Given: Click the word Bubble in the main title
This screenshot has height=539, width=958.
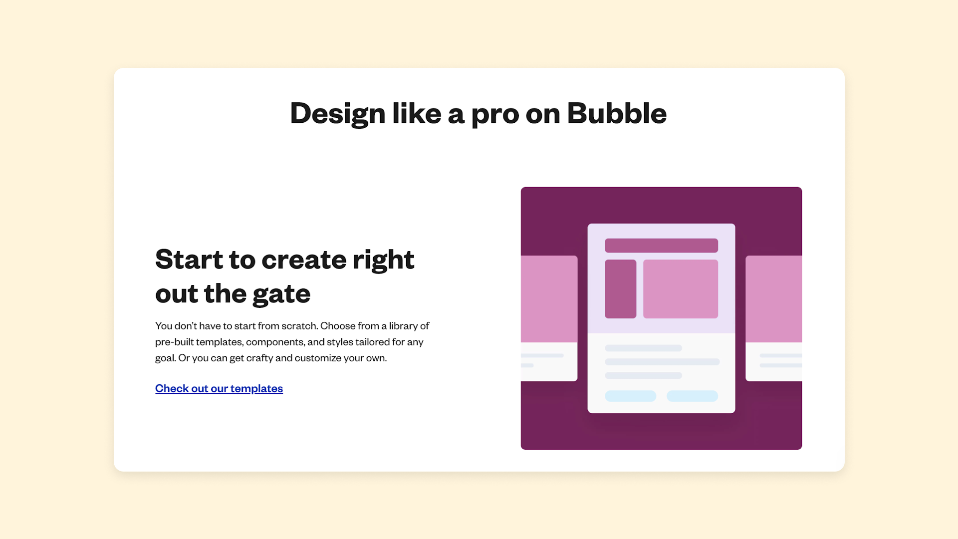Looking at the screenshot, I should [x=616, y=113].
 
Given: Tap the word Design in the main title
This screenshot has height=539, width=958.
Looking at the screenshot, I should [x=337, y=113].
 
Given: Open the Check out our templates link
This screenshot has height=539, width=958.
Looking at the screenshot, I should [x=219, y=388].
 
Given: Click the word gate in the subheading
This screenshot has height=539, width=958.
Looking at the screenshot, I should [x=281, y=294].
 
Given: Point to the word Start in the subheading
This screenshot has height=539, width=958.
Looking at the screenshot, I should [x=189, y=260].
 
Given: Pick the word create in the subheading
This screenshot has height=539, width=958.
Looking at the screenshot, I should [x=304, y=260].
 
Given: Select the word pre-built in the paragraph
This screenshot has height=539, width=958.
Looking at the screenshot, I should [x=174, y=342].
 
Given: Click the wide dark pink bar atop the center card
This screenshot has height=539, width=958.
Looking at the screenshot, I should [x=661, y=246].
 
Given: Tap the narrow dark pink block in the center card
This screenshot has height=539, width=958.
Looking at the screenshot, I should [x=620, y=289].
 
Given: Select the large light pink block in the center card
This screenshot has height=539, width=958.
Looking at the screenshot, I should [x=680, y=289].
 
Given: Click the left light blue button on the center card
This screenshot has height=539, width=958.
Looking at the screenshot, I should [x=630, y=396].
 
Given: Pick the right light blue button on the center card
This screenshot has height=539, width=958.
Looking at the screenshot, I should [x=692, y=396].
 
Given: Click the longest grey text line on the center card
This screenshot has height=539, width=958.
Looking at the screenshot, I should [x=662, y=362].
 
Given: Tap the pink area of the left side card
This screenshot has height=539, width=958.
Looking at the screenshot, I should [x=549, y=299].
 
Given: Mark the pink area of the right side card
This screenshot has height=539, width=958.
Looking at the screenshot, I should [x=773, y=299].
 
